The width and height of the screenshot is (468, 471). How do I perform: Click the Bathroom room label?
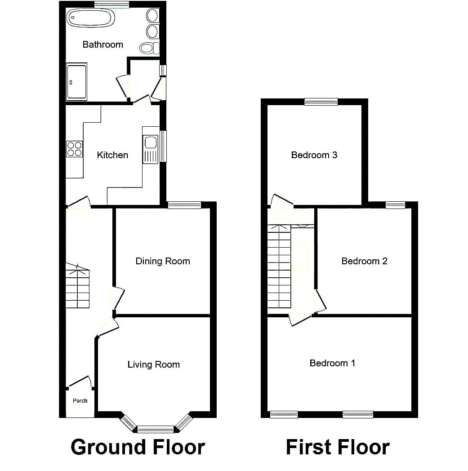pyautogui.click(x=103, y=44)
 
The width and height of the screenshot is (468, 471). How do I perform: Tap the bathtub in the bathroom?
pyautogui.click(x=90, y=18)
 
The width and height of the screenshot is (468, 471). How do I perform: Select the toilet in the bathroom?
pyautogui.click(x=149, y=48)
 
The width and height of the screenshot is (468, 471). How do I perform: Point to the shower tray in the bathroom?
pyautogui.click(x=76, y=81)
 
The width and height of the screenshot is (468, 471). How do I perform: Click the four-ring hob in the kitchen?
pyautogui.click(x=75, y=149)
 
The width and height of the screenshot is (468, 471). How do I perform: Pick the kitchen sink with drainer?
pyautogui.click(x=151, y=150)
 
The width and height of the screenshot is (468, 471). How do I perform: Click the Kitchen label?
pyautogui.click(x=112, y=155)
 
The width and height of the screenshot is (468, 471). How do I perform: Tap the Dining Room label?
pyautogui.click(x=163, y=261)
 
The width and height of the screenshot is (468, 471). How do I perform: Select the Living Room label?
pyautogui.click(x=153, y=364)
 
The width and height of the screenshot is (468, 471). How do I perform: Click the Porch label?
pyautogui.click(x=80, y=401)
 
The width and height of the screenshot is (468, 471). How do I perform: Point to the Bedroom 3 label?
pyautogui.click(x=314, y=155)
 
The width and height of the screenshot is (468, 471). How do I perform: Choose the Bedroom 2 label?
pyautogui.click(x=364, y=261)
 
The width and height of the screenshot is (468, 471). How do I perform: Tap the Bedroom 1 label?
pyautogui.click(x=332, y=363)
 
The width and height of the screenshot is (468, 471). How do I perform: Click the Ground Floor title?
pyautogui.click(x=138, y=447)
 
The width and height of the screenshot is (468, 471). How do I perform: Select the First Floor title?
pyautogui.click(x=338, y=447)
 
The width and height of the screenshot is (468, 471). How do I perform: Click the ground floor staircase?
pyautogui.click(x=77, y=286)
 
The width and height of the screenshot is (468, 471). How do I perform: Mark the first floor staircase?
pyautogui.click(x=279, y=267)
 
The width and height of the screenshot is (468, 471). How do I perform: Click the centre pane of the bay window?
pyautogui.click(x=156, y=429)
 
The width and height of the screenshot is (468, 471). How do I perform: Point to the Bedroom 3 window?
pyautogui.click(x=321, y=102)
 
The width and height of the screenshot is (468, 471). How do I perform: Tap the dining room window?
pyautogui.click(x=184, y=205)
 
